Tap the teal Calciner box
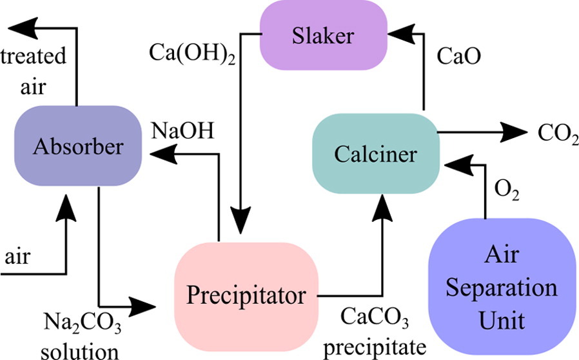tap(376, 154)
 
